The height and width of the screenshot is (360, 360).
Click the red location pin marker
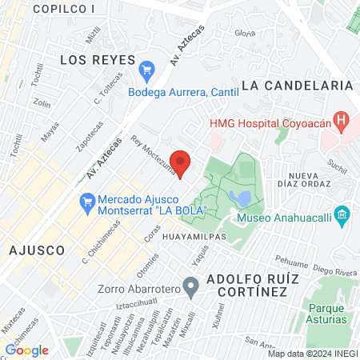click(181, 162)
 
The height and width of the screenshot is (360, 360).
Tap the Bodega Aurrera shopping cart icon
click(146, 71)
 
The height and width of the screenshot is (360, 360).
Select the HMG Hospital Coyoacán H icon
click(342, 123)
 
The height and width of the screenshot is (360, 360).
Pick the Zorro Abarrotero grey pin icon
click(190, 286)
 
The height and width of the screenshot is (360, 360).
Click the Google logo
click(27, 350)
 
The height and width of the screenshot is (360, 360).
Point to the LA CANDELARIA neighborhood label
click(297, 85)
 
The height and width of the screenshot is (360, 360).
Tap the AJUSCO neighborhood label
click(36, 250)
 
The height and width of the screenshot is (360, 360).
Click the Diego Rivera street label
click(334, 270)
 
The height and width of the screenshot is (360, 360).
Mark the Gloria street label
click(245, 33)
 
